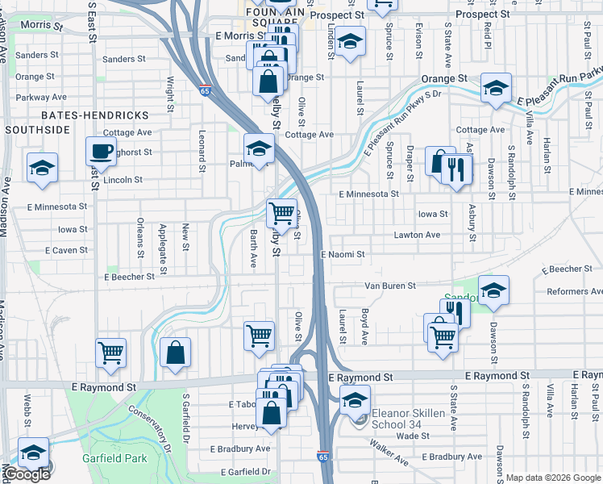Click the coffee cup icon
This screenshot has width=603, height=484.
click(101, 151)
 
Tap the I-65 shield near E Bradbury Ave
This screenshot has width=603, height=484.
click(322, 456)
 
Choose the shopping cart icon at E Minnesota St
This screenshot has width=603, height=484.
click(281, 213)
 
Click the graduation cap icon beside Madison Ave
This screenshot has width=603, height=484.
click(41, 167)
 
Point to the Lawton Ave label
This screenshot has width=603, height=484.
click(417, 235)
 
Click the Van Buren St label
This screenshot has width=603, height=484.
click(390, 286)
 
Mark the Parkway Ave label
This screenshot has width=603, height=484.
click(29, 97)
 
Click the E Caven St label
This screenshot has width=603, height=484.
click(66, 250)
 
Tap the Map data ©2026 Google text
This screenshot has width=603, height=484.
click(553, 478)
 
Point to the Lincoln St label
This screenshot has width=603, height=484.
click(123, 180)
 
